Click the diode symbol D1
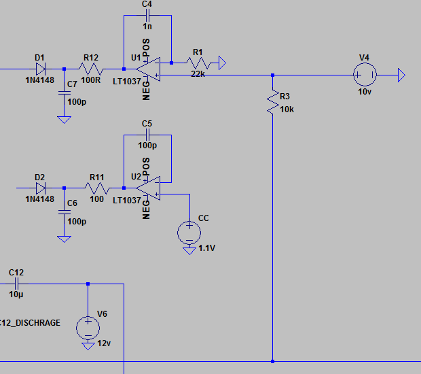(40, 69)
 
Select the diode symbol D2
(40, 188)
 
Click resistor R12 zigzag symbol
(91, 69)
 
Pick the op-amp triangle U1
(147, 69)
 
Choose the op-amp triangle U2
(147, 188)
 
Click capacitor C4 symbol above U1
(147, 16)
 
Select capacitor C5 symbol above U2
(147, 135)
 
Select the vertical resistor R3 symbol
(272, 101)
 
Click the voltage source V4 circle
(365, 74)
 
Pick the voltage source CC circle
(189, 233)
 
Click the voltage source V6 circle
(88, 328)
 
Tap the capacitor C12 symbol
(16, 284)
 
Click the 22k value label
(198, 73)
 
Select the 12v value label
(104, 343)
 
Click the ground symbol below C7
(64, 119)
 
